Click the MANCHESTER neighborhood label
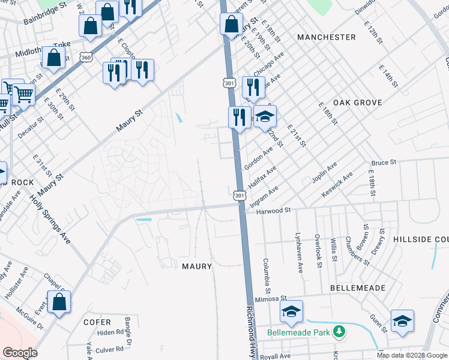tap(327, 37)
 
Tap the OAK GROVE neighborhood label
tap(358, 103)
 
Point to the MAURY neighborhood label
tap(195, 266)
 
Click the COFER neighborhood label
tap(97, 322)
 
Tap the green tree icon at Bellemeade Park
tap(339, 331)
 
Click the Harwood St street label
tap(273, 211)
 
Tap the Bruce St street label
tap(384, 163)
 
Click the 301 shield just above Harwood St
tap(240, 196)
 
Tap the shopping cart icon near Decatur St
tap(23, 94)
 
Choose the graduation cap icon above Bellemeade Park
tap(291, 311)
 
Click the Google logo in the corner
tap(20, 353)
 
